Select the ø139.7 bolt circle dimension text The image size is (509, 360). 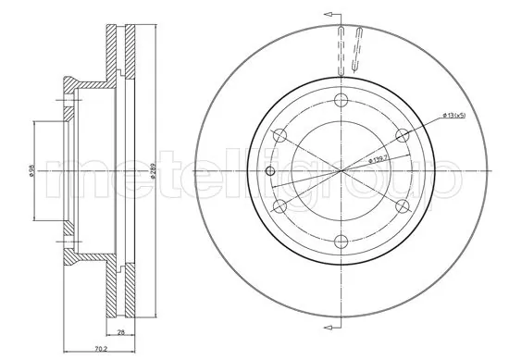tap(382, 159)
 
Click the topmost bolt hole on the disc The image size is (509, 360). tap(341, 101)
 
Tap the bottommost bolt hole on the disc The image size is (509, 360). tap(341, 242)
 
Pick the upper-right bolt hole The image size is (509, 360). tap(401, 136)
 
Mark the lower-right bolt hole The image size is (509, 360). tap(401, 207)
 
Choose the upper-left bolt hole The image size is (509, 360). tap(279, 136)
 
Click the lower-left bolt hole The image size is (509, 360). tap(279, 207)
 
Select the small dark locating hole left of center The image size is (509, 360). tap(269, 172)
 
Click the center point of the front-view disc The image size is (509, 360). tap(341, 172)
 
